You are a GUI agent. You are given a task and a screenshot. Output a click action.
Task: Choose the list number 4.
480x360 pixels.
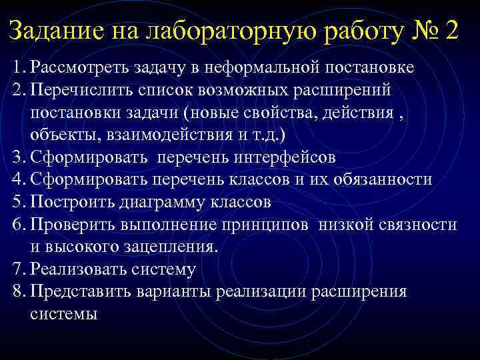pyautogui.click(x=18, y=179)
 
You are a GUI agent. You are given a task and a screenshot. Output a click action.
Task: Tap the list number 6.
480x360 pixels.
pyautogui.click(x=18, y=225)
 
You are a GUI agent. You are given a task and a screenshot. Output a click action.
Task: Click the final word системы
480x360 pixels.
pyautogui.click(x=64, y=314)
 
